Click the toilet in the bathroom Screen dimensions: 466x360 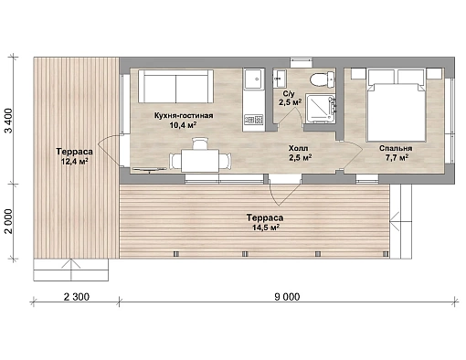(323, 79)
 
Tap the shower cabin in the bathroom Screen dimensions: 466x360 (320, 109)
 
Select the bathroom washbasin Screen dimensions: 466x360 (280, 79)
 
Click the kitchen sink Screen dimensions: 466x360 (253, 79)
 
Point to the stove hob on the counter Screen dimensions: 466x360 (253, 120)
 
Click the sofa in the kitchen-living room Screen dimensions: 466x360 (175, 86)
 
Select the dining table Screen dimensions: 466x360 (200, 161)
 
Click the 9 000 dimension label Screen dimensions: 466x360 (287, 297)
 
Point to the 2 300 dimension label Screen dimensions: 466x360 (77, 297)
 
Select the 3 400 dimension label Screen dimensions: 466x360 (9, 121)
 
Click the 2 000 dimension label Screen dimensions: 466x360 (9, 221)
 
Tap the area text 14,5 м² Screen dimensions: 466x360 (266, 228)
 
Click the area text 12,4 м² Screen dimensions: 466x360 (75, 161)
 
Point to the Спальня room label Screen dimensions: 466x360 (396, 148)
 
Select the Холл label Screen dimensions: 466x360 (298, 148)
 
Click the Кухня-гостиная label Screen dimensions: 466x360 (184, 116)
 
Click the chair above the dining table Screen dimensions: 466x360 (200, 143)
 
